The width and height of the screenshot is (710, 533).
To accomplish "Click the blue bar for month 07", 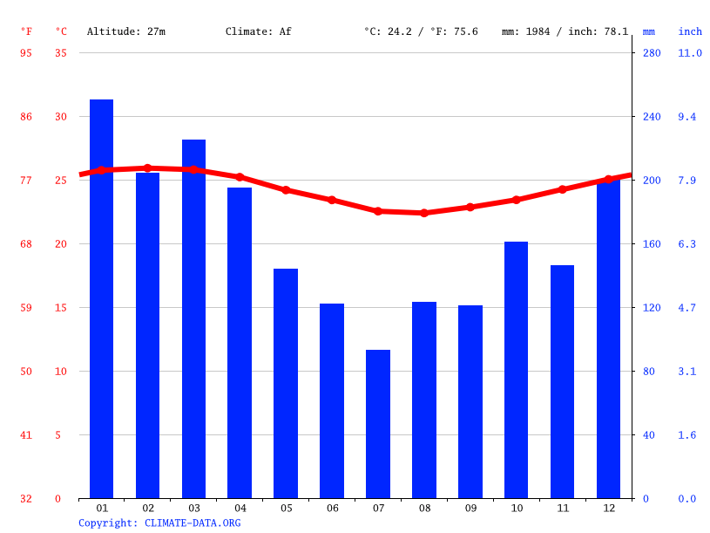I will tap(377, 424).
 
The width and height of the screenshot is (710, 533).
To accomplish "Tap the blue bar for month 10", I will tap(516, 370).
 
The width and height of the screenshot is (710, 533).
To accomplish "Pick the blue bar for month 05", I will tap(286, 383).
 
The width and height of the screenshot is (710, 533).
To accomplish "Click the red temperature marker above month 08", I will tap(424, 213).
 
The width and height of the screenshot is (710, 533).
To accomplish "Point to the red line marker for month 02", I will tap(147, 168).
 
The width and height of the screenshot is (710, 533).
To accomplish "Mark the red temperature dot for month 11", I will tap(562, 189).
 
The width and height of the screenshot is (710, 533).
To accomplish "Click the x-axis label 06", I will tap(332, 508).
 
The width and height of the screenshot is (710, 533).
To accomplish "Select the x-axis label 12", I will tap(608, 508).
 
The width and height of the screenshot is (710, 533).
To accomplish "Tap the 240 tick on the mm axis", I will tap(652, 116).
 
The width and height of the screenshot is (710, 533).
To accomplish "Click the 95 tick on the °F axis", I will tap(26, 53).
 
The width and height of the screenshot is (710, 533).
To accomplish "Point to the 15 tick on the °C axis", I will tap(58, 307).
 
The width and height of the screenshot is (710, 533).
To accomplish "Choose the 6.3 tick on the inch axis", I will tap(687, 244).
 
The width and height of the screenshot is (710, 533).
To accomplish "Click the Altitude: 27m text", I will tap(125, 31).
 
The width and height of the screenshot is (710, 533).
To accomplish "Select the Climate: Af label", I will tap(258, 31).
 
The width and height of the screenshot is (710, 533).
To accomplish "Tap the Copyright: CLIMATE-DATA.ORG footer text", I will tap(159, 523).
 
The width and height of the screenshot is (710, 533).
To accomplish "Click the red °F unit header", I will tap(26, 31).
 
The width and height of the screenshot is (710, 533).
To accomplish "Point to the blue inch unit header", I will tap(690, 31).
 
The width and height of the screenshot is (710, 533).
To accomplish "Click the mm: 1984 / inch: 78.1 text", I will tap(565, 31).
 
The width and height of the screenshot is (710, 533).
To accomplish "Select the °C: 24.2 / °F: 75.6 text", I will tap(421, 31).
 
